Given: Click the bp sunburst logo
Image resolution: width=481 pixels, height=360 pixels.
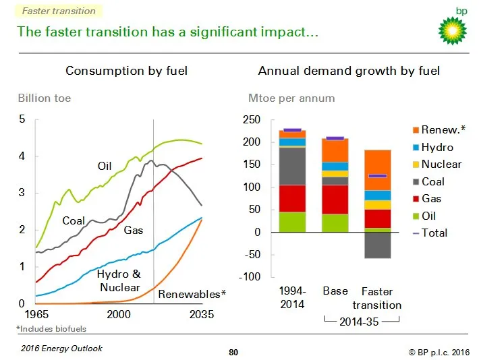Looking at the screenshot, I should coord(453,29).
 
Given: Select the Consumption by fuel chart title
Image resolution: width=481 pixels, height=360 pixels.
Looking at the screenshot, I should coord(126,71).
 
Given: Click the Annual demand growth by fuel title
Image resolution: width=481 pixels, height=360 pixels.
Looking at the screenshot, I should coord(349,71).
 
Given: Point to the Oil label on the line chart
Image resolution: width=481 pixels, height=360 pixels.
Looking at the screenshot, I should coord(105,166).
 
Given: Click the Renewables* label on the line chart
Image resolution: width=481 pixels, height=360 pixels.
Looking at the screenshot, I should coord(192,295).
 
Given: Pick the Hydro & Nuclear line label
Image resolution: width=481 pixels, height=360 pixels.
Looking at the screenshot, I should coord(119,281).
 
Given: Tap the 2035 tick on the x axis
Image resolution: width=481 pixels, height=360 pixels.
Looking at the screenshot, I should coord(201,315).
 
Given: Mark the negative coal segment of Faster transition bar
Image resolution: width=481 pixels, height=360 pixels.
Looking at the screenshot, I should coord(378,245).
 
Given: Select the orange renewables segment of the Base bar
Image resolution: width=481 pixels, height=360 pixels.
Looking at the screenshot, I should coord(335,150).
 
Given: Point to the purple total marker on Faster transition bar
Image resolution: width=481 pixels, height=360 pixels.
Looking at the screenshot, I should coord(378,176).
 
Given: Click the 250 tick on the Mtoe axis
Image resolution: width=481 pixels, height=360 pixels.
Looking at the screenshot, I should coord(252,120).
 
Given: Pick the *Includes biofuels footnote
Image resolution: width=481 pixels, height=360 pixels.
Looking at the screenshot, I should coord(51,329).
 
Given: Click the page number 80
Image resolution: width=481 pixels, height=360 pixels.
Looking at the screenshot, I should coord(233,352).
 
